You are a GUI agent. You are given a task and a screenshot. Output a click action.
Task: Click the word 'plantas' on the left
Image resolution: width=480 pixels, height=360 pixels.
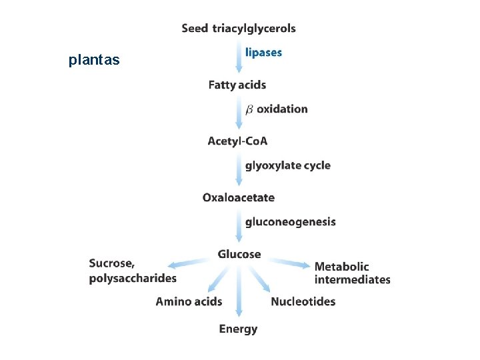[94, 60]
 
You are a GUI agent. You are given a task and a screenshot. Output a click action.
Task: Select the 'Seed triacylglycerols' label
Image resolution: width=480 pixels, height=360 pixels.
[239, 29]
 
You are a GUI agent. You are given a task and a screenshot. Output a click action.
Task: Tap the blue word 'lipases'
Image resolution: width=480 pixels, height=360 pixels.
[263, 53]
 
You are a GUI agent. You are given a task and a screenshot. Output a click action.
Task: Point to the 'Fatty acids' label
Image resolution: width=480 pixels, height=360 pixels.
[237, 85]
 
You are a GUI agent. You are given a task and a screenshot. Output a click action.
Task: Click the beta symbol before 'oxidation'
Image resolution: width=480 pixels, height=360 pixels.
[249, 109]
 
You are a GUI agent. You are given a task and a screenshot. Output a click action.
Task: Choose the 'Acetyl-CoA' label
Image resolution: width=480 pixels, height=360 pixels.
[237, 141]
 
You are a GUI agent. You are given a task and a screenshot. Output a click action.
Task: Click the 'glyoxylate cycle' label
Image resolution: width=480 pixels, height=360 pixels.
[288, 165]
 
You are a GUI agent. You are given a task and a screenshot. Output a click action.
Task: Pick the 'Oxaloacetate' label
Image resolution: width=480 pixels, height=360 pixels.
[239, 197]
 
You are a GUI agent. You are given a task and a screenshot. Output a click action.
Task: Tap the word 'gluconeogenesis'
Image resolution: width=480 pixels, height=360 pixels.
[291, 222]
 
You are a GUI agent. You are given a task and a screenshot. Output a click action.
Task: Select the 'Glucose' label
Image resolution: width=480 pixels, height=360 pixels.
[239, 254]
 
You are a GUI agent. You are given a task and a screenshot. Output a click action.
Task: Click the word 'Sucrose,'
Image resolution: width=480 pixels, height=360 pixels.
[112, 263]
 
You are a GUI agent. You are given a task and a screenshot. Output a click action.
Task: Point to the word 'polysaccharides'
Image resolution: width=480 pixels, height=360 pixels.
[133, 278]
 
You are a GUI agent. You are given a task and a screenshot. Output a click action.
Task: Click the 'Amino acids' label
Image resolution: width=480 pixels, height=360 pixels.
[189, 301]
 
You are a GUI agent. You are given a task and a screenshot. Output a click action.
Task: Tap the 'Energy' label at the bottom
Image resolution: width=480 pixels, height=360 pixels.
[238, 329]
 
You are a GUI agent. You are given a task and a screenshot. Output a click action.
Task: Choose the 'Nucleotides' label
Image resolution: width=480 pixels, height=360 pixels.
[303, 301]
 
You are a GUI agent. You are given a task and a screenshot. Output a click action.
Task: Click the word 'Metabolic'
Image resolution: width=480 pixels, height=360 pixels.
[341, 267]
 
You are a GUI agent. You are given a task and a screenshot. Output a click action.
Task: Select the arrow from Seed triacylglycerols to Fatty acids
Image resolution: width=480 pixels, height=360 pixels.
[239, 57]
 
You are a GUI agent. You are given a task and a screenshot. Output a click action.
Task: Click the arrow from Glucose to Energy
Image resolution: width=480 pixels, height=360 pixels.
[239, 291]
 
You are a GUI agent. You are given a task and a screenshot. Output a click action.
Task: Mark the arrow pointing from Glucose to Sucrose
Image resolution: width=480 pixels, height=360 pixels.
[188, 263]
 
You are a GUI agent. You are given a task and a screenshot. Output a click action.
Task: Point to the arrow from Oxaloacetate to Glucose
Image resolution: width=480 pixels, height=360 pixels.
[239, 226]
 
